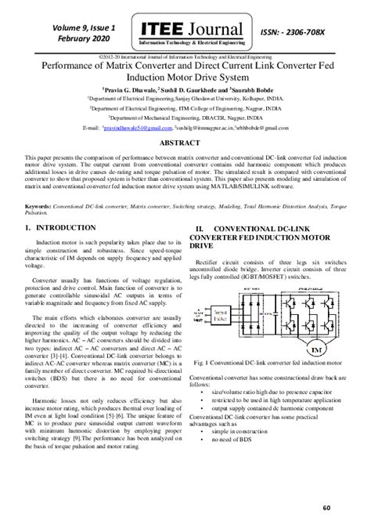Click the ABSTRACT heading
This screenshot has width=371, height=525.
point(185,145)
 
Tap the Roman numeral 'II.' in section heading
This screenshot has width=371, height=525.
point(200,227)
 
